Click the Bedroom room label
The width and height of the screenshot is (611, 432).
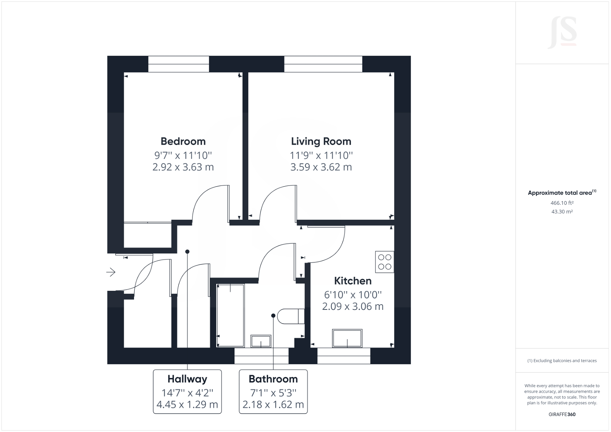point(183,141)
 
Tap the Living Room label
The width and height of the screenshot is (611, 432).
point(321,141)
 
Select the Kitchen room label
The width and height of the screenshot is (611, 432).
point(352,281)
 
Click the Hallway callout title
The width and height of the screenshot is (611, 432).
point(187,379)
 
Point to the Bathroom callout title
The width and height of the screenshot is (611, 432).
point(273,379)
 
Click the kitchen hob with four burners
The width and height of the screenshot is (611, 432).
point(385,262)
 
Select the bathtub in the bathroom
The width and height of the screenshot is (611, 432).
point(230,315)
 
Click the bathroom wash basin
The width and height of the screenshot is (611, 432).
point(261,341)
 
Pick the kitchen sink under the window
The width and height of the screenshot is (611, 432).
point(347,338)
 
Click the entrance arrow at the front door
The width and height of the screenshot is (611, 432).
point(111,272)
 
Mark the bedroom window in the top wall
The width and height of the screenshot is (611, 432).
point(178,64)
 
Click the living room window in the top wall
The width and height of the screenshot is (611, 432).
point(323,64)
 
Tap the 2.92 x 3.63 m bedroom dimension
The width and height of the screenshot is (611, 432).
point(183,167)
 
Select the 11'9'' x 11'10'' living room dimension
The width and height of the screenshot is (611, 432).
point(321,155)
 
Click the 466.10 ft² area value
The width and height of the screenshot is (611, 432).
point(562,203)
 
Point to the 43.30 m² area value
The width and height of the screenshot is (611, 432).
point(562,211)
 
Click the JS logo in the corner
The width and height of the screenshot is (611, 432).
point(563,33)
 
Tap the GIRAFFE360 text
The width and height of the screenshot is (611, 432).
point(562,414)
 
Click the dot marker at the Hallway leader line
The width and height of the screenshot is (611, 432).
point(187,251)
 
